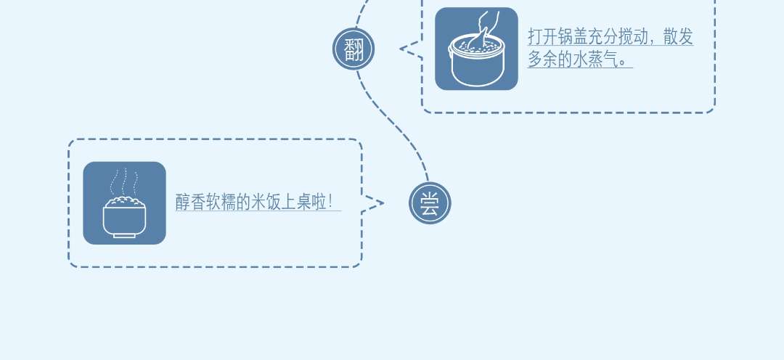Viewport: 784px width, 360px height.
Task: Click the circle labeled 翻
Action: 354,49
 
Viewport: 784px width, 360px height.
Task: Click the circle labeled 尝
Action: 430,203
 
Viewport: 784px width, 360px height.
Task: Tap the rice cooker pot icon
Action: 476,49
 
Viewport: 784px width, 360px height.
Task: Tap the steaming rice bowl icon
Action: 124,203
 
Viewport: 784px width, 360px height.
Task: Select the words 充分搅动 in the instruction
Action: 617,38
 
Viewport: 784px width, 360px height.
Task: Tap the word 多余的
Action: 555,60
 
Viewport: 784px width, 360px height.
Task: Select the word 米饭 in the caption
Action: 267,202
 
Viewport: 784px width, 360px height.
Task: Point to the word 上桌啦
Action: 306,202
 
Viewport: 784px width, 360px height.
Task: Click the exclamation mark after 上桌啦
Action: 331,202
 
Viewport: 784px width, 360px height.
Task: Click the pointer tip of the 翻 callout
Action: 401,49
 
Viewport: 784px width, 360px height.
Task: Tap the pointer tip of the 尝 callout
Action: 382,204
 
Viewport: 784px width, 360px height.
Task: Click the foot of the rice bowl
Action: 124,234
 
